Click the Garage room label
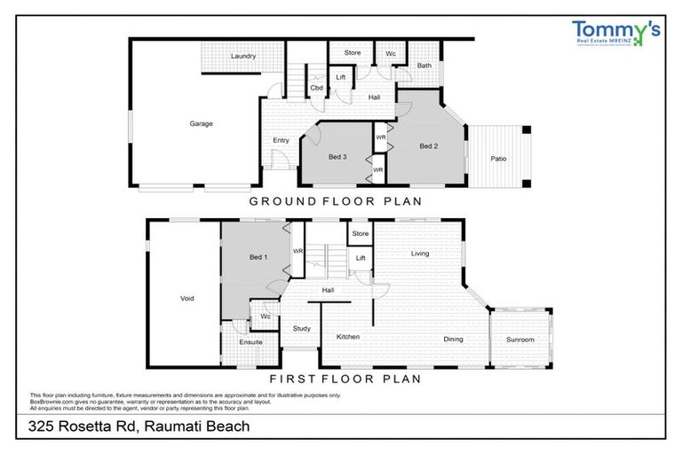[x=201, y=123]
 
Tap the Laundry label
[x=243, y=56]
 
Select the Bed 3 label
[x=337, y=157]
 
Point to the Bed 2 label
[x=429, y=145]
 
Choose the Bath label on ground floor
[x=424, y=66]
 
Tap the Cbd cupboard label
[x=316, y=87]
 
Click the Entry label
[x=281, y=140]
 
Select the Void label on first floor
[x=186, y=298]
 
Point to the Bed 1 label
[x=258, y=257]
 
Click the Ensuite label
[x=250, y=341]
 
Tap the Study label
[x=302, y=329]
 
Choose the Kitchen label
[x=347, y=337]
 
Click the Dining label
[x=453, y=339]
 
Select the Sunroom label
[x=520, y=339]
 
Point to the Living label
[x=420, y=254]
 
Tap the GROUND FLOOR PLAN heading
[x=335, y=201]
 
